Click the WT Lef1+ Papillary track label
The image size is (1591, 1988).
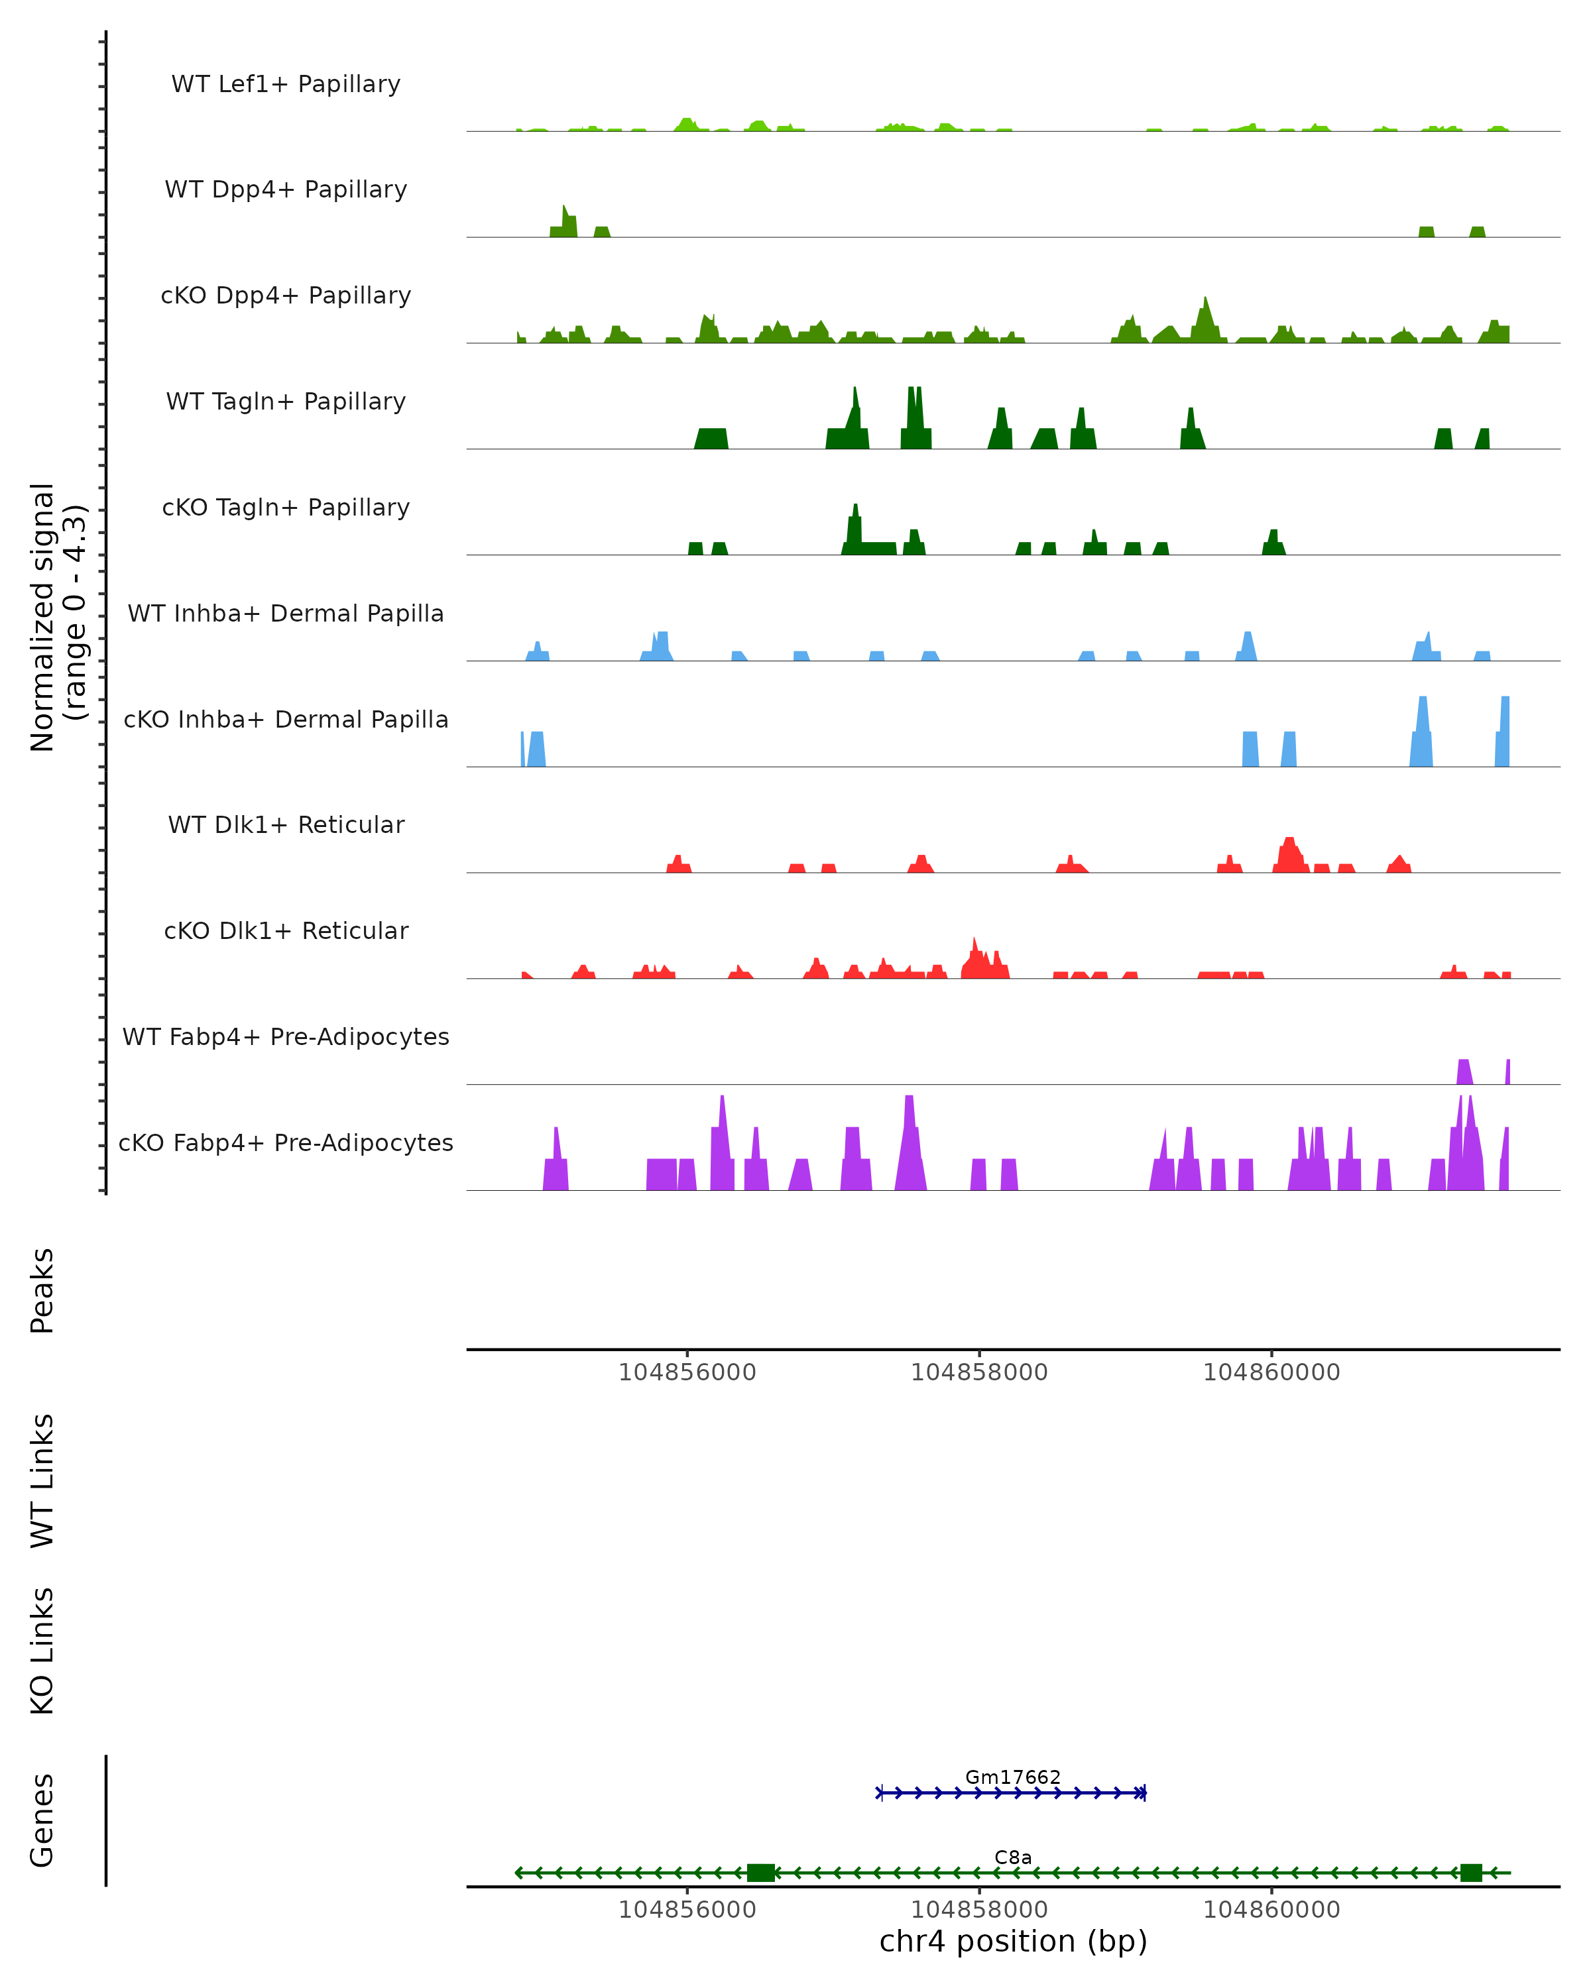pos(286,84)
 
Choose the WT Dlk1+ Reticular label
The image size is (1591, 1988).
pos(286,824)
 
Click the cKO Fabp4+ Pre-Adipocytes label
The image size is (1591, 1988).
pos(286,1142)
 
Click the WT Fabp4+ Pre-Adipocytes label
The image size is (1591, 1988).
pos(286,1036)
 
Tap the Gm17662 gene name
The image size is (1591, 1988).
pos(1013,1777)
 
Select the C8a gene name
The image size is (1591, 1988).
pos(1013,1857)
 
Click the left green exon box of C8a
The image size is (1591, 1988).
pos(761,1873)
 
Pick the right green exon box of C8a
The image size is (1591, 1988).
pos(1471,1873)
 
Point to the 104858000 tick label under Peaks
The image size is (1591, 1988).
pos(980,1372)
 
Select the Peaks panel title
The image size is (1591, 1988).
pos(42,1290)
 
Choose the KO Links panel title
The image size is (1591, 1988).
pos(42,1651)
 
